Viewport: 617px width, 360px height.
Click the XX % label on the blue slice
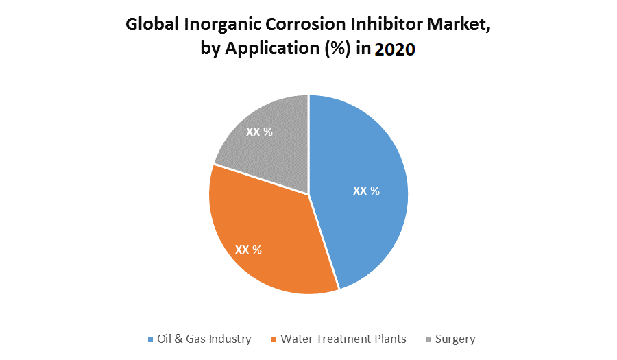coord(366,191)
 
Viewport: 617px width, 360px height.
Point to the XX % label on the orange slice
coord(248,250)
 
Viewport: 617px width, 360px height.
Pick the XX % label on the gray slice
coord(259,132)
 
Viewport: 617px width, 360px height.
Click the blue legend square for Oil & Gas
coord(151,339)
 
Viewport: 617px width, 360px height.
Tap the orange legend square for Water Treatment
coord(274,339)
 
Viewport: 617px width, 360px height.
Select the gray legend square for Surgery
coord(429,339)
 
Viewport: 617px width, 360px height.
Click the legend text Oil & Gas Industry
coord(204,339)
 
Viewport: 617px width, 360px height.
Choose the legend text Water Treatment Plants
coord(343,339)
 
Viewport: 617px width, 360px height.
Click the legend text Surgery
coord(455,339)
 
